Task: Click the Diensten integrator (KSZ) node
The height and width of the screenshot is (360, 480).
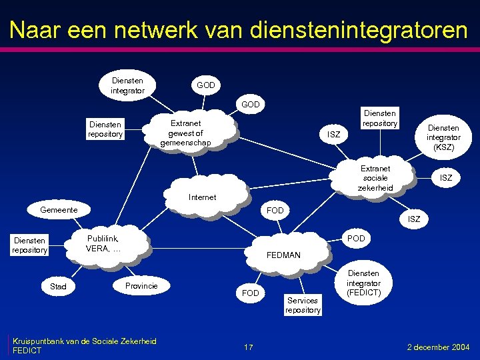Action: pyautogui.click(x=443, y=137)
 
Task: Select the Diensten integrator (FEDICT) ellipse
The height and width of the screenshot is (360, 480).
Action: pyautogui.click(x=363, y=283)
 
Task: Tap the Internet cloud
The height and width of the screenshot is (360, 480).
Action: pyautogui.click(x=203, y=195)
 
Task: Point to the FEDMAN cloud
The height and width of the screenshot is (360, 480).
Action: pyautogui.click(x=283, y=254)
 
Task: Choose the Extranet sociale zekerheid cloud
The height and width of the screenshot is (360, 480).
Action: pyautogui.click(x=375, y=178)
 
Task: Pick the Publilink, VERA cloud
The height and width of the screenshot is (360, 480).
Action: pyautogui.click(x=103, y=244)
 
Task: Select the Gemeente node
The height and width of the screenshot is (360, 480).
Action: pyautogui.click(x=59, y=210)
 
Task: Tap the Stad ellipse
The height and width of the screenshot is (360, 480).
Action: pyautogui.click(x=59, y=287)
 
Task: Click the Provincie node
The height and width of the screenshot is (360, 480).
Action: pyautogui.click(x=141, y=285)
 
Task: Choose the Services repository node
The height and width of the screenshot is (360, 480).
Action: pyautogui.click(x=303, y=305)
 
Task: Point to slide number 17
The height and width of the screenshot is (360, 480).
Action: pyautogui.click(x=248, y=347)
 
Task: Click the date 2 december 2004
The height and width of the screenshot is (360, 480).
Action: pyautogui.click(x=438, y=347)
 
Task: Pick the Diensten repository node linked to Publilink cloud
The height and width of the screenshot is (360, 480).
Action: pyautogui.click(x=29, y=245)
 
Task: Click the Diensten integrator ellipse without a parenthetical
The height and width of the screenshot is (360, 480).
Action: pyautogui.click(x=127, y=85)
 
